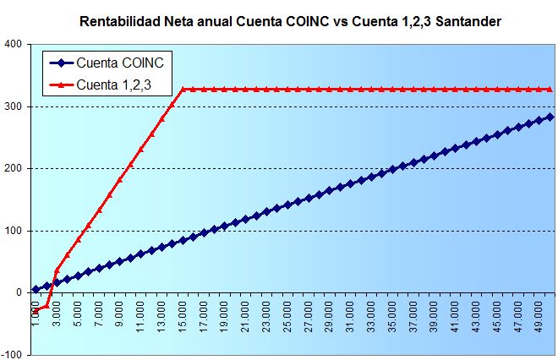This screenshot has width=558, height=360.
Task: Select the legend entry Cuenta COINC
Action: (x=118, y=63)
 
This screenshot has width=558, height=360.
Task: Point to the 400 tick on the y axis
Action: (x=13, y=45)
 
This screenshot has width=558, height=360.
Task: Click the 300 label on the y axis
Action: (x=13, y=107)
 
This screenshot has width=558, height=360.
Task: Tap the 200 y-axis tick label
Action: (x=13, y=169)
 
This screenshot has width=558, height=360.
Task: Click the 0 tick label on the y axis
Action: (x=19, y=292)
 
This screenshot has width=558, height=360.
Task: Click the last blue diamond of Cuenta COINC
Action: (x=550, y=117)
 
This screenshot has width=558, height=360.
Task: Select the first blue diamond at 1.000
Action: (x=36, y=289)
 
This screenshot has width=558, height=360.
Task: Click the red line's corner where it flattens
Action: (x=183, y=89)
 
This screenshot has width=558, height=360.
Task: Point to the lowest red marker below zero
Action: (x=36, y=311)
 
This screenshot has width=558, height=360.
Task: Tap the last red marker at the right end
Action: (x=550, y=89)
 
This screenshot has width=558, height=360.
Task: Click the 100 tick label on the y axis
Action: (x=13, y=231)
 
